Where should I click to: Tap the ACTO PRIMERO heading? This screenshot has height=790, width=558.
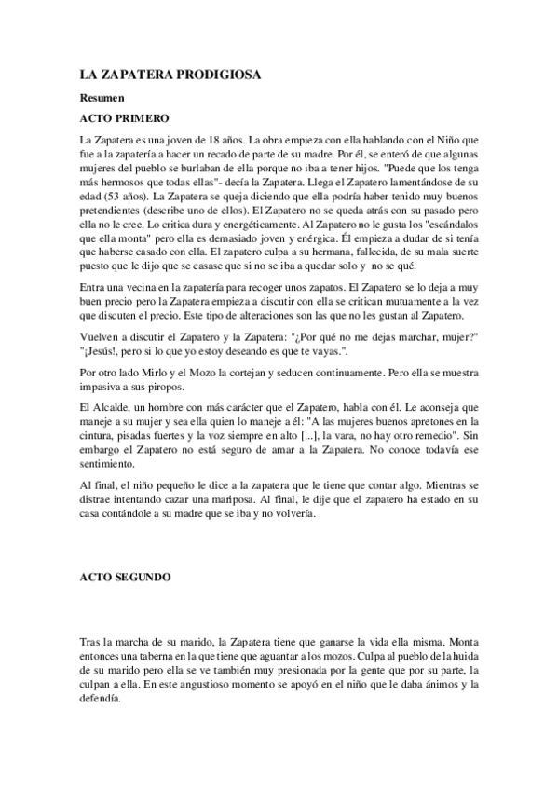point(123,118)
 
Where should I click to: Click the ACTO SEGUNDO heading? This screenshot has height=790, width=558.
point(125,578)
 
